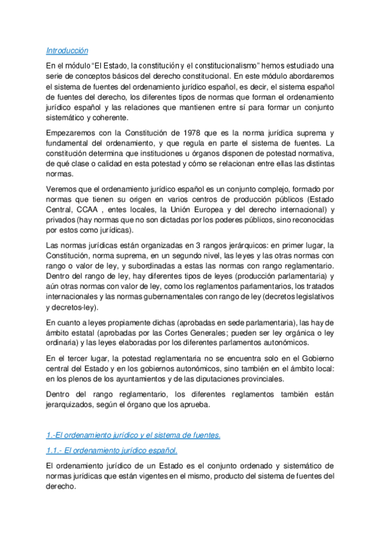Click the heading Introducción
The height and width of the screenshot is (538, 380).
[67, 50]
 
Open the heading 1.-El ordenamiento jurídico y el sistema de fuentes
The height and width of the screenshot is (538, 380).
[134, 435]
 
